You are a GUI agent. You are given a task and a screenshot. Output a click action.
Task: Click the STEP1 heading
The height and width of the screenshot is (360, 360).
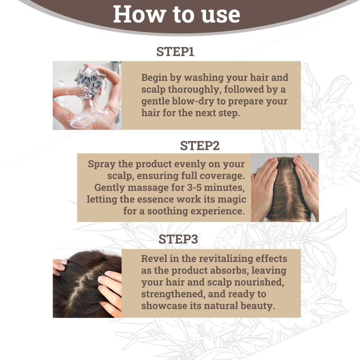[x=175, y=52]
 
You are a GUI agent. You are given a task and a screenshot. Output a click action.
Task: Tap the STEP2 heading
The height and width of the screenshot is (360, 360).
[x=200, y=146]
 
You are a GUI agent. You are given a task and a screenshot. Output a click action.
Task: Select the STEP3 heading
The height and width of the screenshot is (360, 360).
[x=178, y=239]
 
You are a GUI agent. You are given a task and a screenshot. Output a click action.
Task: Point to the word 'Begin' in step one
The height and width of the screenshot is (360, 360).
[x=154, y=78]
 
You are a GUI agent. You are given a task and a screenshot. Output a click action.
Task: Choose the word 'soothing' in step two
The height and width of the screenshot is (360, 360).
[x=168, y=211]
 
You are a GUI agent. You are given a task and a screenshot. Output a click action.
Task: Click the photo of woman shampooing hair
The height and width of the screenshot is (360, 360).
[x=87, y=95]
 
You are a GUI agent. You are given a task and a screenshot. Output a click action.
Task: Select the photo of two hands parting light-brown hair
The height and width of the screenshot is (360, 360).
[x=285, y=187]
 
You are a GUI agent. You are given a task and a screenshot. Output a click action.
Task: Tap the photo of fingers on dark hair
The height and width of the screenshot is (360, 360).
[x=87, y=283]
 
